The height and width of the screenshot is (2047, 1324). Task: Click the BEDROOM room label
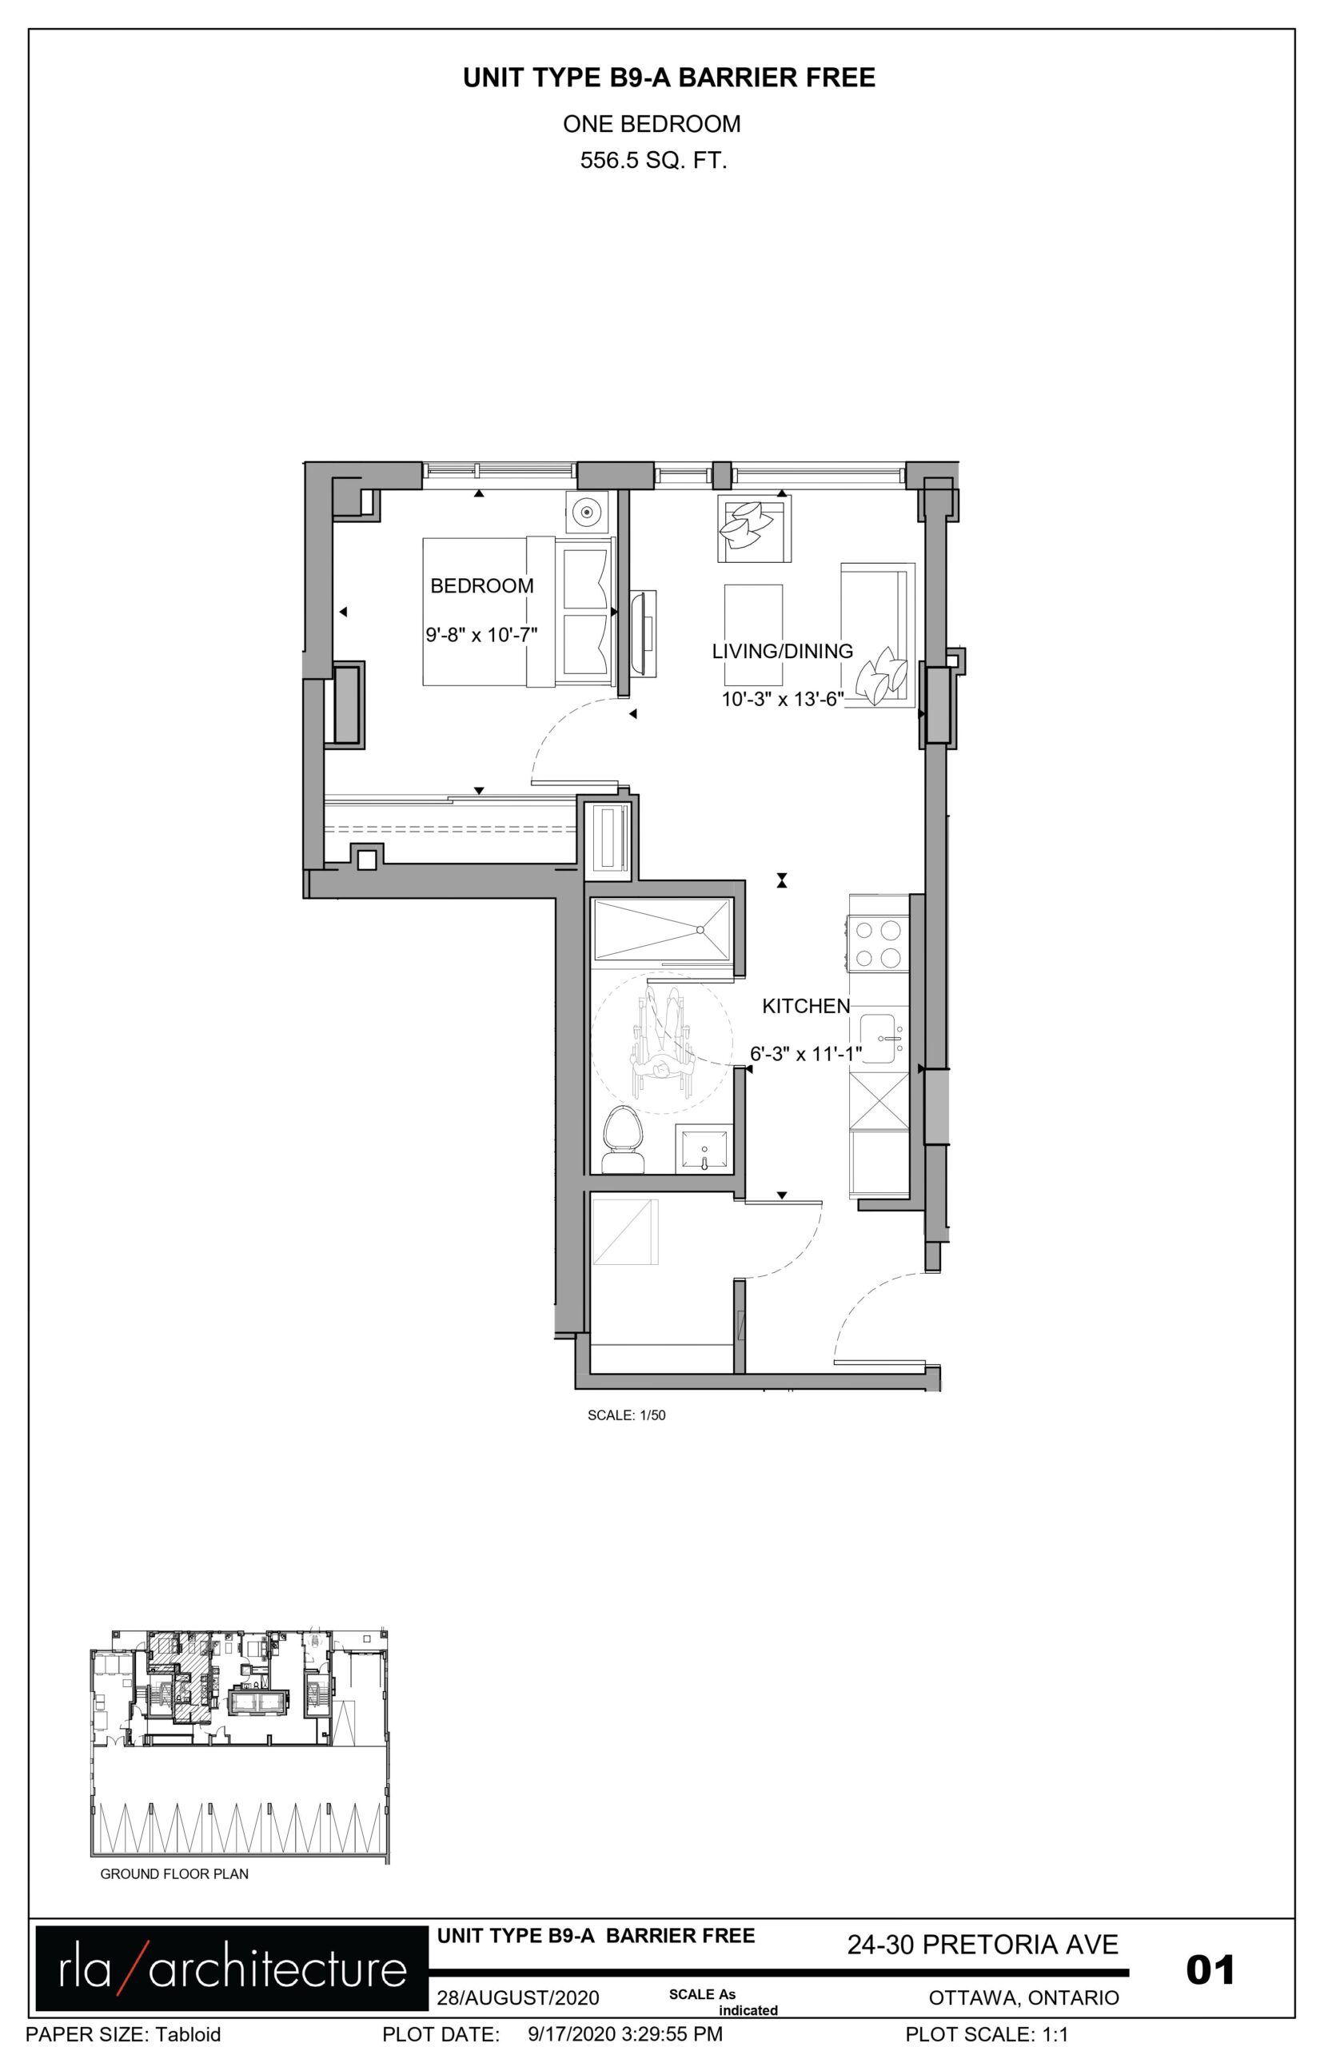coord(481,585)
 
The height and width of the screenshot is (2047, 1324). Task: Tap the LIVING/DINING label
coord(783,651)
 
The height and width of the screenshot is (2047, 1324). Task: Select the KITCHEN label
coord(806,1006)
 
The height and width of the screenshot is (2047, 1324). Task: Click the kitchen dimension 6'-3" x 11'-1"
coord(807,1053)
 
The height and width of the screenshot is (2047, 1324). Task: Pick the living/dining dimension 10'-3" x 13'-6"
coord(783,699)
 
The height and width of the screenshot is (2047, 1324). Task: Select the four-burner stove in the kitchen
coord(879,943)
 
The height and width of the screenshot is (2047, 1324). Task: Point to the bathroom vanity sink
coord(704,1147)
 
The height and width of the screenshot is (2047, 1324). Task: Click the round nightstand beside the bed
coord(587,513)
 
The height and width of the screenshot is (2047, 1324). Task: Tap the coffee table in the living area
coord(753,621)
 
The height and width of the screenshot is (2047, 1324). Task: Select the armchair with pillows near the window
coord(754,529)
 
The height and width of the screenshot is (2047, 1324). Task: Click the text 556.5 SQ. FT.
coord(653,161)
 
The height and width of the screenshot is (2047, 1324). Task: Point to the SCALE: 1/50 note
coord(627,1415)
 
